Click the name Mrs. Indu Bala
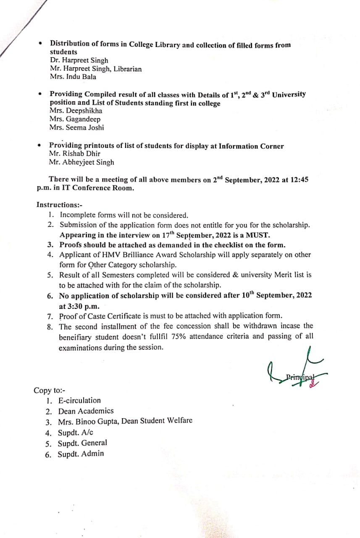point(73,77)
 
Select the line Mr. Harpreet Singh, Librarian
point(96,69)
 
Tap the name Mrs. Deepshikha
point(76,111)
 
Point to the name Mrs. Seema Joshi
point(76,128)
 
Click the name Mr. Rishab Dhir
point(74,154)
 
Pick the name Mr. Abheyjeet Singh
point(81,162)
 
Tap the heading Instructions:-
point(56,205)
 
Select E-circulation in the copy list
point(79,401)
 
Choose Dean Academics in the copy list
point(86,411)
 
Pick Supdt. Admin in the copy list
point(81,454)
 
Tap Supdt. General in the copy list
point(82,443)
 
